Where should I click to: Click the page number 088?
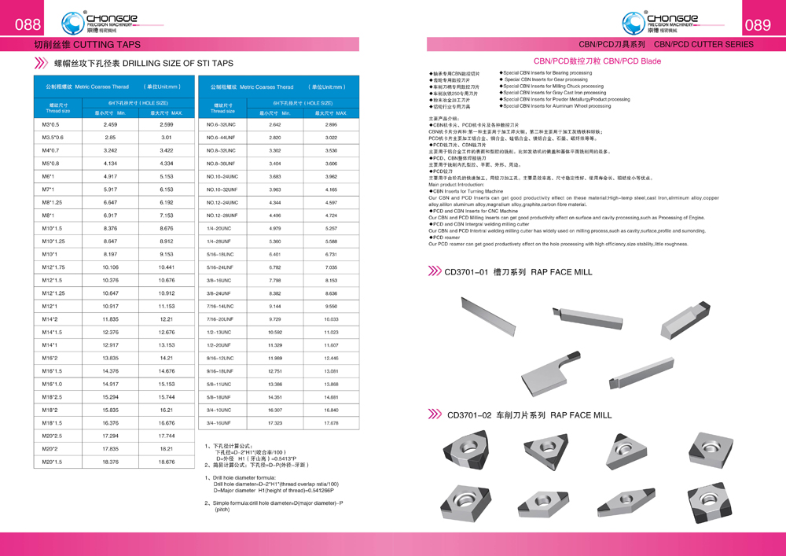click(28, 24)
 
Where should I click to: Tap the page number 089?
click(758, 25)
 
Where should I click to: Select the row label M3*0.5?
click(50, 124)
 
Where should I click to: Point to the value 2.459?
click(110, 124)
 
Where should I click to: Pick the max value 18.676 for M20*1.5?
click(166, 462)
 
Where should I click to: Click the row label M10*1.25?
click(53, 241)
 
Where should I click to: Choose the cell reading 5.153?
click(166, 177)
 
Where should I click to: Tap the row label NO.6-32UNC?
click(221, 124)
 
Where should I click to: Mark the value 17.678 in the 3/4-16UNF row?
click(331, 423)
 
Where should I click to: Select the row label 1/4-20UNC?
click(219, 228)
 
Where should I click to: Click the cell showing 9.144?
click(275, 306)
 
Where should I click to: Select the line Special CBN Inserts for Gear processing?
click(545, 79)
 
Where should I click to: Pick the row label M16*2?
click(50, 358)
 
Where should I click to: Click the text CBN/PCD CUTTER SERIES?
click(703, 45)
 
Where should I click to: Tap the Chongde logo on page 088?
click(101, 20)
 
